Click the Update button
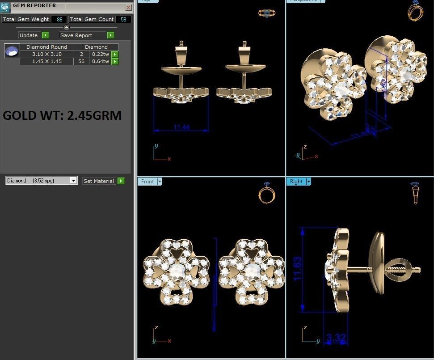(29, 35)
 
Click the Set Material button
(99, 181)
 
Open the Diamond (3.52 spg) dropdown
(73, 181)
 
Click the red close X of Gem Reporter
(129, 7)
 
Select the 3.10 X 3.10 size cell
(46, 54)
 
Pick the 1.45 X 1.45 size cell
(46, 61)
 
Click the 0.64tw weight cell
(100, 61)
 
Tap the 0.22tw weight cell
(100, 54)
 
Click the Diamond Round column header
(46, 47)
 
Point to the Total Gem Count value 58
(122, 19)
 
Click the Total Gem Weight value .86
(59, 19)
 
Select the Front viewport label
(147, 182)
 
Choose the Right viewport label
(296, 182)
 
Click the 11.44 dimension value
(181, 127)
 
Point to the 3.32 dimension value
(336, 338)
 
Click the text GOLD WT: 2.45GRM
(62, 115)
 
